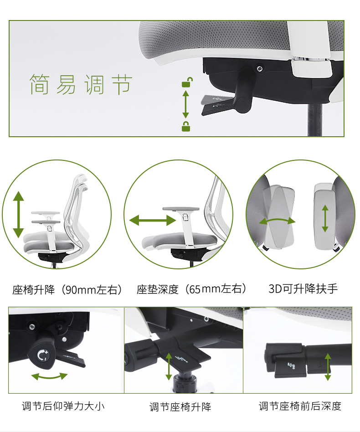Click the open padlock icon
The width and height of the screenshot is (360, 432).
(187, 82)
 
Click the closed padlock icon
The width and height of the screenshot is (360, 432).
(185, 126)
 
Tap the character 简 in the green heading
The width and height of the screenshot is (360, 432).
(39, 84)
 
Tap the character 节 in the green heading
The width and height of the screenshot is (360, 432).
(122, 84)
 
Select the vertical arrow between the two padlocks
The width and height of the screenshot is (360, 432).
(185, 104)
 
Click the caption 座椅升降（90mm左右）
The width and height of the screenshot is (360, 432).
(67, 290)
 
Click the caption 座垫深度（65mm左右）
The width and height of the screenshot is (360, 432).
(192, 289)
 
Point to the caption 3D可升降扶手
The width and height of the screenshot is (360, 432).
(303, 289)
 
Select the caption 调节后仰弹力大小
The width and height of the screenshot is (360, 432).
(63, 406)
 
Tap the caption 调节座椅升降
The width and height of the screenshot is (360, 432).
(180, 407)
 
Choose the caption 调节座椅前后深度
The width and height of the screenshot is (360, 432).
(300, 406)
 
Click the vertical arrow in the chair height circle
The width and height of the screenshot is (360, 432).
(18, 214)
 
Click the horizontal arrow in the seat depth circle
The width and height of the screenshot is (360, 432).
(153, 221)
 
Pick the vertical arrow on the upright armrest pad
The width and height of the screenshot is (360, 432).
(325, 218)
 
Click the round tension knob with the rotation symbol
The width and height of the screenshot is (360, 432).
(41, 355)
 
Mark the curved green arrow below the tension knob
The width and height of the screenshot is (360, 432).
(49, 376)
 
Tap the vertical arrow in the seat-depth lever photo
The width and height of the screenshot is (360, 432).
(328, 367)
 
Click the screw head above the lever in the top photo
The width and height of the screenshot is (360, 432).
(259, 68)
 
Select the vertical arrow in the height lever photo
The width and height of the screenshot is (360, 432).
(169, 367)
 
